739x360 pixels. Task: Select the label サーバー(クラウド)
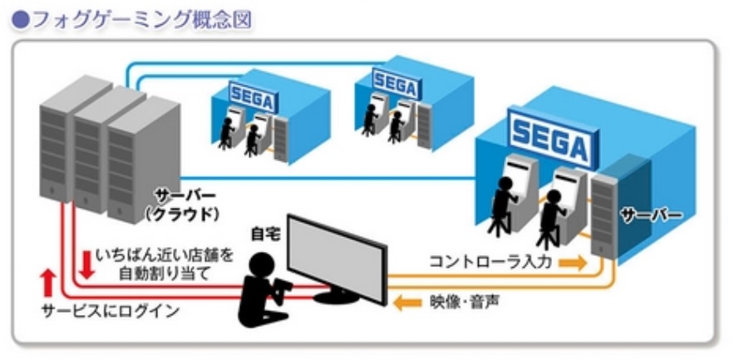tap(181, 205)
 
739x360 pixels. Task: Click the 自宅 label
tap(266, 234)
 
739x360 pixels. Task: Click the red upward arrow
tap(48, 284)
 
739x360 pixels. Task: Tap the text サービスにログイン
tap(111, 311)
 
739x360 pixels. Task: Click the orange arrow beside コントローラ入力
tap(572, 263)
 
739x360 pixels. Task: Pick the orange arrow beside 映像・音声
tap(407, 303)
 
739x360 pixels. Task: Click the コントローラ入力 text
tap(490, 262)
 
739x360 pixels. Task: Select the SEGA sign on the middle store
tap(394, 84)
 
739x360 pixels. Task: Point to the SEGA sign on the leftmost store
tap(253, 96)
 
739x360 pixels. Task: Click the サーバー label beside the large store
tap(651, 216)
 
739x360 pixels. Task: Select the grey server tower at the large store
tap(606, 214)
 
